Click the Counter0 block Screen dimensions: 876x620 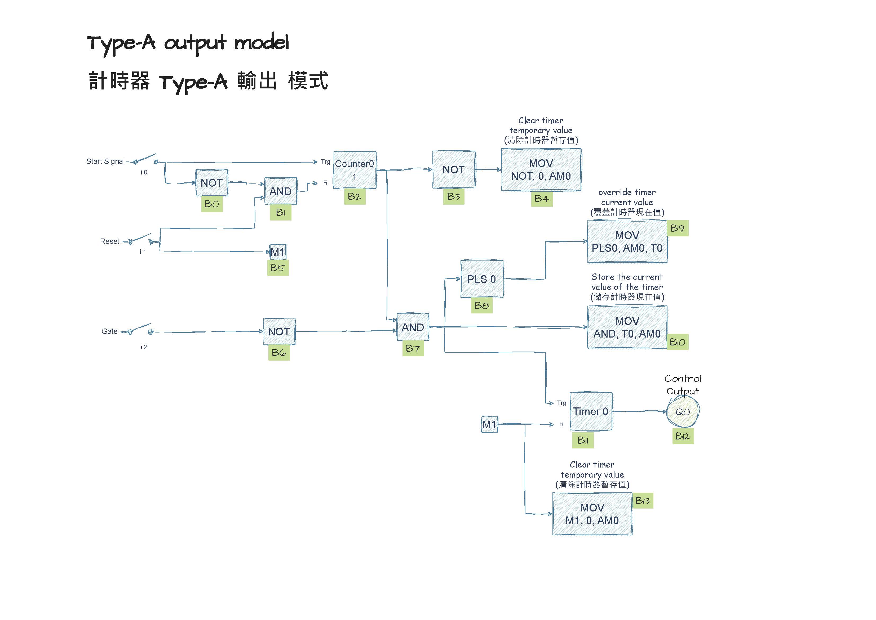pyautogui.click(x=355, y=170)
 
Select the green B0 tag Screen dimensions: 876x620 pyautogui.click(x=212, y=204)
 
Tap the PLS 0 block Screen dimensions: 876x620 pyautogui.click(x=482, y=279)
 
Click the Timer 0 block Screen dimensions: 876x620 pyautogui.click(x=591, y=412)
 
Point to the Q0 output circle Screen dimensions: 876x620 pyautogui.click(x=683, y=412)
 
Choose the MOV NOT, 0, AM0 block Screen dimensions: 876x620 pyautogui.click(x=541, y=169)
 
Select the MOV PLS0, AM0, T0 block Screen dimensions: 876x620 pyautogui.click(x=627, y=242)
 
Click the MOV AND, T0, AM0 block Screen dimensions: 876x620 pyautogui.click(x=627, y=327)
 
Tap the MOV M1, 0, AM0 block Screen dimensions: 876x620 pyautogui.click(x=592, y=514)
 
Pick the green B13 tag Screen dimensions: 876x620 pyautogui.click(x=643, y=501)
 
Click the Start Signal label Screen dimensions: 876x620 pyautogui.click(x=105, y=161)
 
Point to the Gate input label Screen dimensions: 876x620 pyautogui.click(x=110, y=331)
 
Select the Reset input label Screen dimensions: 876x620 pyautogui.click(x=110, y=241)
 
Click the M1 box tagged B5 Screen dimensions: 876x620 pyautogui.click(x=278, y=252)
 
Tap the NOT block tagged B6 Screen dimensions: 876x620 pyautogui.click(x=279, y=331)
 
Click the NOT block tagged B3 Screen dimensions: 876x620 pyautogui.click(x=454, y=169)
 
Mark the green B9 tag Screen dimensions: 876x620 pyautogui.click(x=677, y=228)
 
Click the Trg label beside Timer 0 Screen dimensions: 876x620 pyautogui.click(x=561, y=403)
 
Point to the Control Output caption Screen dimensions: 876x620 pyautogui.click(x=683, y=385)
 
